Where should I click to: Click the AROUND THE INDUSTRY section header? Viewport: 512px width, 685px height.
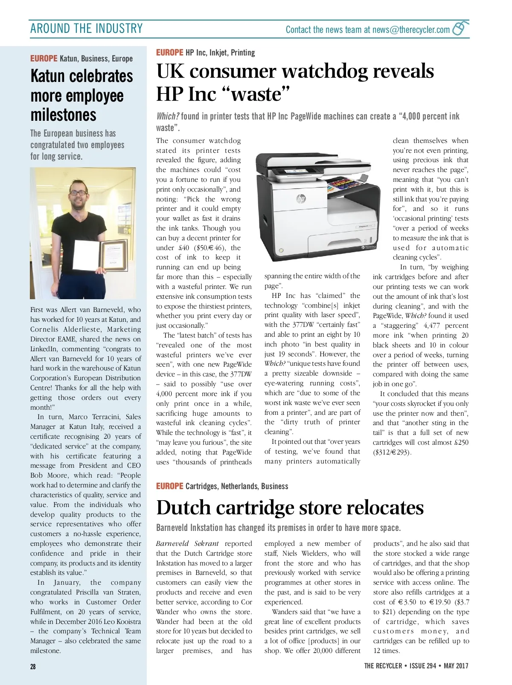(87, 29)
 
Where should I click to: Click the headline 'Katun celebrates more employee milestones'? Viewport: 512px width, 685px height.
(81, 95)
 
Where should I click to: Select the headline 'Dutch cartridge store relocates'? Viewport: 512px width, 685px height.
(290, 507)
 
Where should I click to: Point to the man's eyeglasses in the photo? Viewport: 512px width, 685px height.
(78, 192)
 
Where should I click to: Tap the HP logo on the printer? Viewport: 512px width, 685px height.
(301, 198)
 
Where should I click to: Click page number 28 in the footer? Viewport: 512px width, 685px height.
(33, 666)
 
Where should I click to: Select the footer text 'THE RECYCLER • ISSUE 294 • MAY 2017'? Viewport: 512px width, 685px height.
(416, 666)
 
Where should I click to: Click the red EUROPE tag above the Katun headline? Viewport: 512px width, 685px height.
(44, 58)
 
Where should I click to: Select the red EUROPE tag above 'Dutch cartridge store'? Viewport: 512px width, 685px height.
(169, 486)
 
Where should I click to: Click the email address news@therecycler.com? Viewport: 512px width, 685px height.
(411, 29)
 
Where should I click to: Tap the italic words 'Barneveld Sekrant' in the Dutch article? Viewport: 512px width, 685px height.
(187, 544)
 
